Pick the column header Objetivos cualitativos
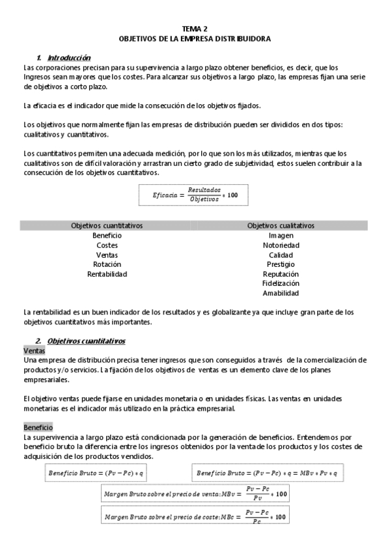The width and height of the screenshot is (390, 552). pos(281,225)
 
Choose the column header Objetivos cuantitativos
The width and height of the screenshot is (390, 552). pos(107,225)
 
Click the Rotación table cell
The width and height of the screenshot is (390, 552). pos(107,264)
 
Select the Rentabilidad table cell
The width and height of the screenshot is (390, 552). pos(107,274)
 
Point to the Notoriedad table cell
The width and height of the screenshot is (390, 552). pos(281,245)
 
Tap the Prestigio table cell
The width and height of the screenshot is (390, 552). pos(281,264)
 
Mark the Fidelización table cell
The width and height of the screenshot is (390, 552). pos(281,283)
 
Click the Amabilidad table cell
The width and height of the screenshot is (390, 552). pos(281,293)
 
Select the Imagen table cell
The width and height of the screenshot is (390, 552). pos(281,235)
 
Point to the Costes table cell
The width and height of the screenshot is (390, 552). pos(107,245)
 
